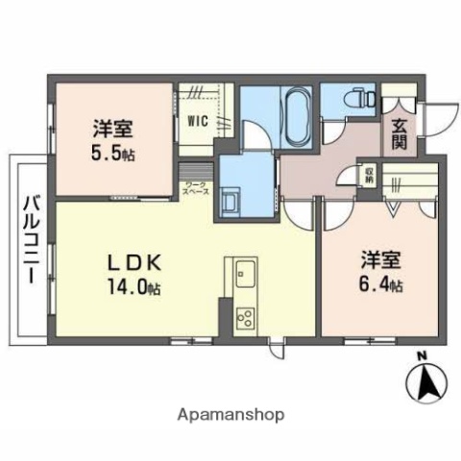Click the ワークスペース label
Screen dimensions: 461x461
pos(196,186)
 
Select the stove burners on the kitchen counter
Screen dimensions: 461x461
pos(244,318)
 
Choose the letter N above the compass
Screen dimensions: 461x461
pos(422,360)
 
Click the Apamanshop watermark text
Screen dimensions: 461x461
pos(230,415)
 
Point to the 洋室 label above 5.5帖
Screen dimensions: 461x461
pos(112,128)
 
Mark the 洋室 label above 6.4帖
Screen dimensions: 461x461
pos(380,260)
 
